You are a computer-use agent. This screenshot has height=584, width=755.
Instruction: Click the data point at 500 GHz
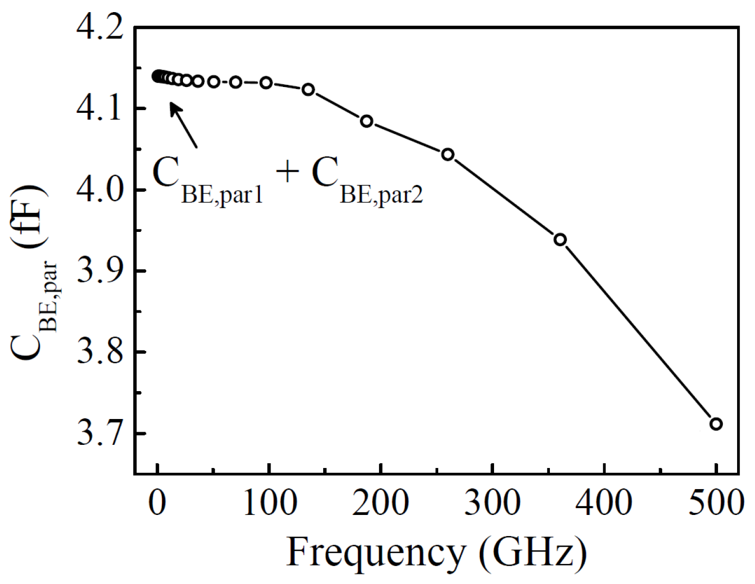click(715, 424)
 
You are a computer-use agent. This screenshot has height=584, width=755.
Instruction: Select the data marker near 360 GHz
click(560, 239)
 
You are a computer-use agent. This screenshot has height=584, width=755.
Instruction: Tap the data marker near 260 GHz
click(448, 154)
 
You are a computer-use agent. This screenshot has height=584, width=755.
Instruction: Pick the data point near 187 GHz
click(366, 121)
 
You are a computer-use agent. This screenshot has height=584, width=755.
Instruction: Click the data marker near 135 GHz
click(308, 90)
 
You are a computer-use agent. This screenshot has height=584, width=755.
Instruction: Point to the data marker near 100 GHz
click(266, 82)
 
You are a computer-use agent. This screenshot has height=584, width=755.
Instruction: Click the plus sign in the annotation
click(287, 172)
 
